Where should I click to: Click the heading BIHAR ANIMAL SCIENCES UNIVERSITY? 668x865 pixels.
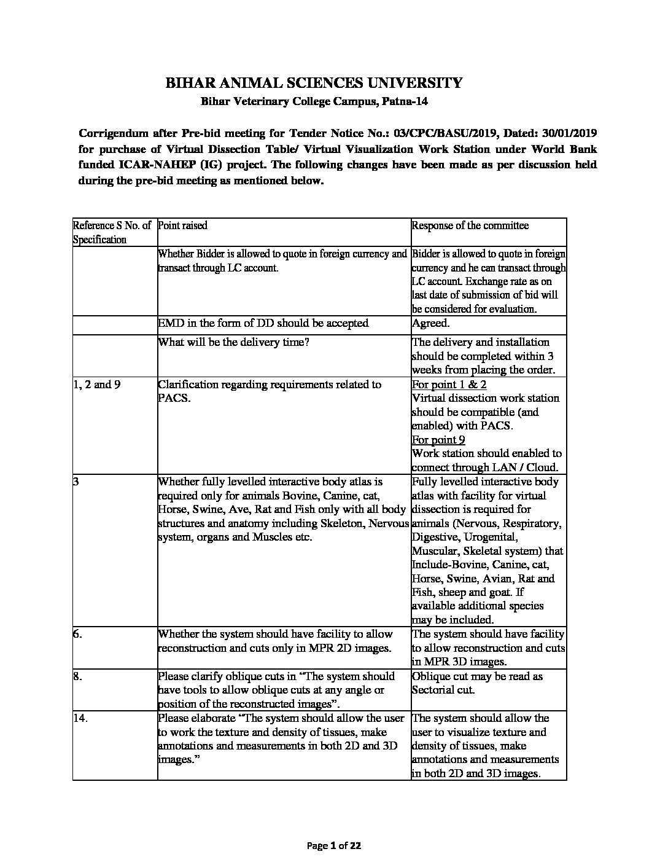314,83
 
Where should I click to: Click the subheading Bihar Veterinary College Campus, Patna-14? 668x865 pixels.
314,102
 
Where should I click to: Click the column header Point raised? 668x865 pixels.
182,225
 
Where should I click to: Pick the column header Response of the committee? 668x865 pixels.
470,225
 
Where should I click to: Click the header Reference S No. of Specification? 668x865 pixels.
112,232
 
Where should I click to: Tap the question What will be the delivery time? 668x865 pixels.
233,342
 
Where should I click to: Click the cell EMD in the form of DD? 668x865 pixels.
263,323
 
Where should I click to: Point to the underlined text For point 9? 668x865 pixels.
438,440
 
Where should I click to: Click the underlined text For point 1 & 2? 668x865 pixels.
449,385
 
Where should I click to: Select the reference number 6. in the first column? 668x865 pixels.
77,634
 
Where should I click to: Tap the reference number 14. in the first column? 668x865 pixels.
80,718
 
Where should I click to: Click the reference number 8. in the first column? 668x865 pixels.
77,676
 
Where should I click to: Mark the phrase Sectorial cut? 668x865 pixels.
443,690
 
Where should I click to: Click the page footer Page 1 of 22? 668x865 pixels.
333,846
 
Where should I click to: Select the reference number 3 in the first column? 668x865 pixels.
76,482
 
